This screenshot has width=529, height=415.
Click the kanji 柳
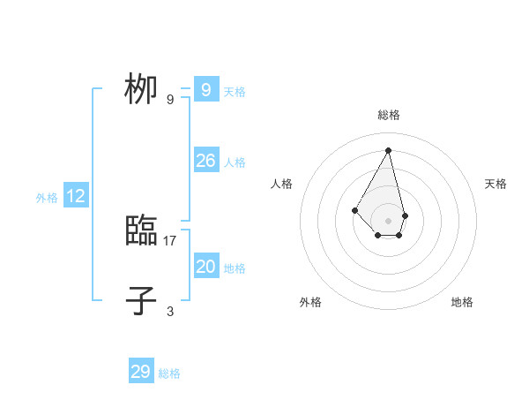141,90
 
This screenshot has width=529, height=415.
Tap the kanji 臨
141,231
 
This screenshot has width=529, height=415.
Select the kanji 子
141,300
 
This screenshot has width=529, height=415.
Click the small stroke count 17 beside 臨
170,240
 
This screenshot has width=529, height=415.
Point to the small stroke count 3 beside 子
170,311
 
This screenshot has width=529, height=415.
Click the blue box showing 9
205,90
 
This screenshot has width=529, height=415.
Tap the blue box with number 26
205,161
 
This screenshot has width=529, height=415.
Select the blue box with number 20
205,267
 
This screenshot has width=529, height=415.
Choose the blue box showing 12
76,196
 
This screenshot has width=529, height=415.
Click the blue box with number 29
141,372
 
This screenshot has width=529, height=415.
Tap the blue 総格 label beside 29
169,373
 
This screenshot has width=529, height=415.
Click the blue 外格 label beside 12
47,198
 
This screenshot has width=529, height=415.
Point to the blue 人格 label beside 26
235,162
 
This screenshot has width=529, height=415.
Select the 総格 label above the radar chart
389,115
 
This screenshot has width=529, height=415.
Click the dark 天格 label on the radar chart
495,184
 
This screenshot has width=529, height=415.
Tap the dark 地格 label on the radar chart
462,302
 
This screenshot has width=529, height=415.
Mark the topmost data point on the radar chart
389,149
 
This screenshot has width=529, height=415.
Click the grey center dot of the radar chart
389,221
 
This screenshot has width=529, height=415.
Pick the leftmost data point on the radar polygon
354,209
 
